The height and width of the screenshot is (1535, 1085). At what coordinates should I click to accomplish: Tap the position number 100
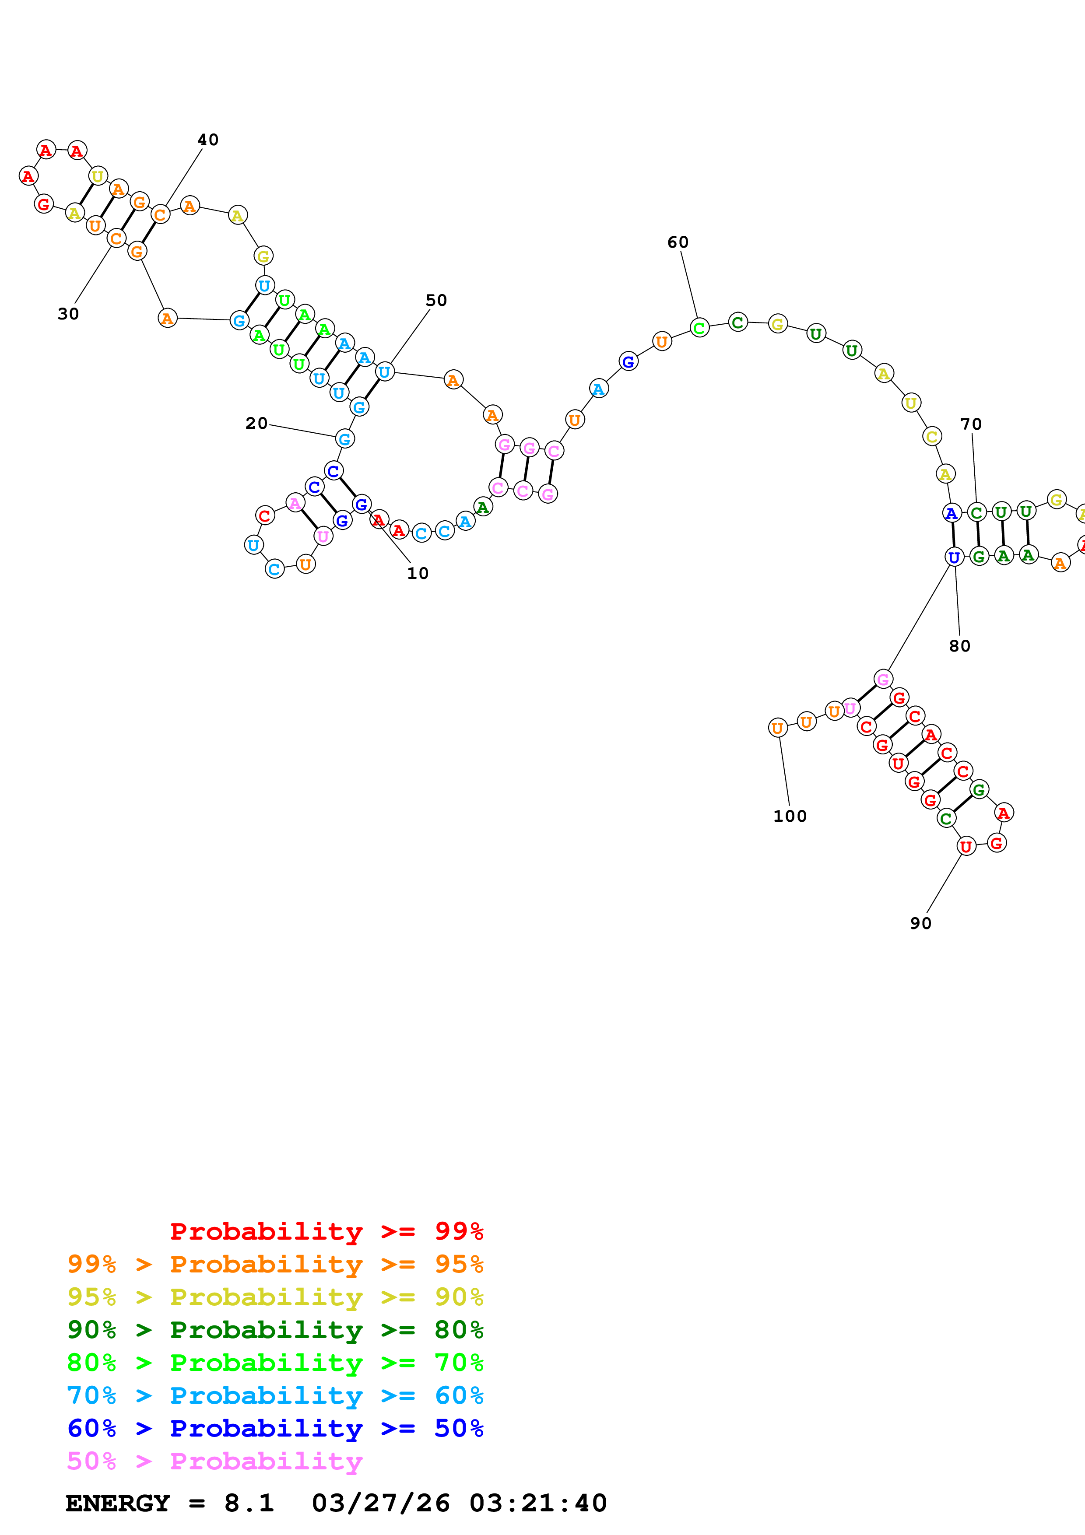790,817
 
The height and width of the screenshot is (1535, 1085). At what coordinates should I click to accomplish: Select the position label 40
208,140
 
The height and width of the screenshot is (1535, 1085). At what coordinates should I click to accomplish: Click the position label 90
920,923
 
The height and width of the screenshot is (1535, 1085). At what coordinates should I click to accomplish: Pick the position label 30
68,314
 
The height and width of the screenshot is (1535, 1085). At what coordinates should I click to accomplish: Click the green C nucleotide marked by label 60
699,328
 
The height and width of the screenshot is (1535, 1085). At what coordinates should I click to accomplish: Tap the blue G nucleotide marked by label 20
344,439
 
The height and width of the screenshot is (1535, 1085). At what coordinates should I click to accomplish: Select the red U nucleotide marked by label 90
966,846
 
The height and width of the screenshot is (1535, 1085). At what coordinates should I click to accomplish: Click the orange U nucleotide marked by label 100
777,728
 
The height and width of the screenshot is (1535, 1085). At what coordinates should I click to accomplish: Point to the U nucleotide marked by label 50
384,371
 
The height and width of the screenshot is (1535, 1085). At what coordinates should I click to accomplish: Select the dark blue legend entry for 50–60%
275,1429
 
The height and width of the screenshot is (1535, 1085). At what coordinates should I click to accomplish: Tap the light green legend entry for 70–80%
275,1363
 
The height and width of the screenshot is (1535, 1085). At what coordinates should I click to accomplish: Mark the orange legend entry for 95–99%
275,1264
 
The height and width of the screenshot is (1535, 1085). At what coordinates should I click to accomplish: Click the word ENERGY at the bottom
118,1503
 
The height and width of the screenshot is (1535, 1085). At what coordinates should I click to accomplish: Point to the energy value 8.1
249,1503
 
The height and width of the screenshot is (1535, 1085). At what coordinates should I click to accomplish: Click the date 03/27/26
380,1503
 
